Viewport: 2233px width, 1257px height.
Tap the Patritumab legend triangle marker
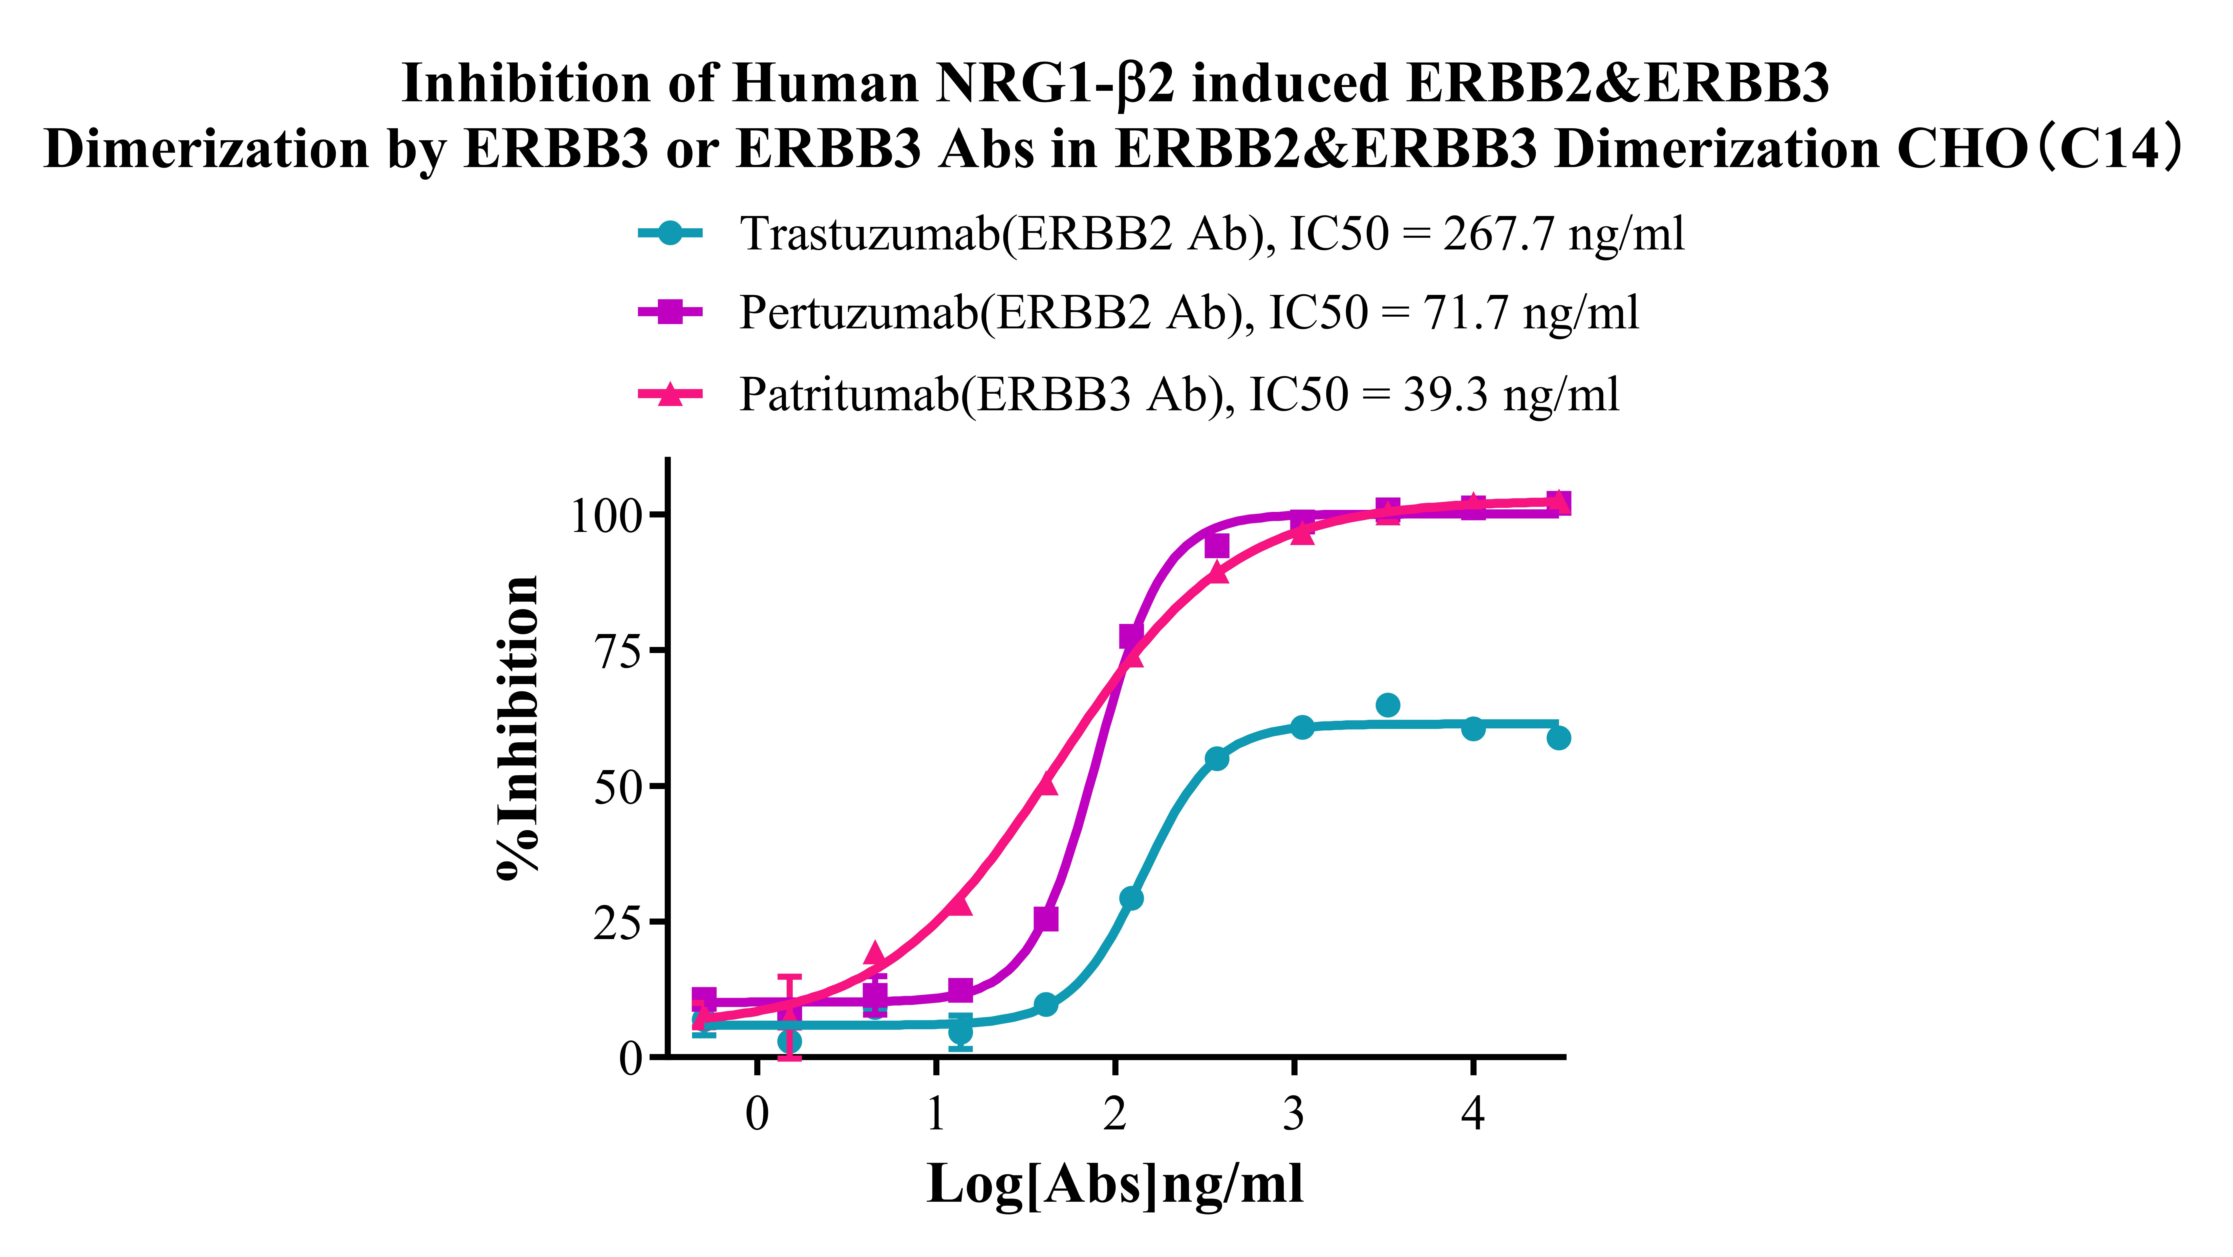coord(669,395)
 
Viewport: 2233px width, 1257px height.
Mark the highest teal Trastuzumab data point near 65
coord(1388,705)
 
